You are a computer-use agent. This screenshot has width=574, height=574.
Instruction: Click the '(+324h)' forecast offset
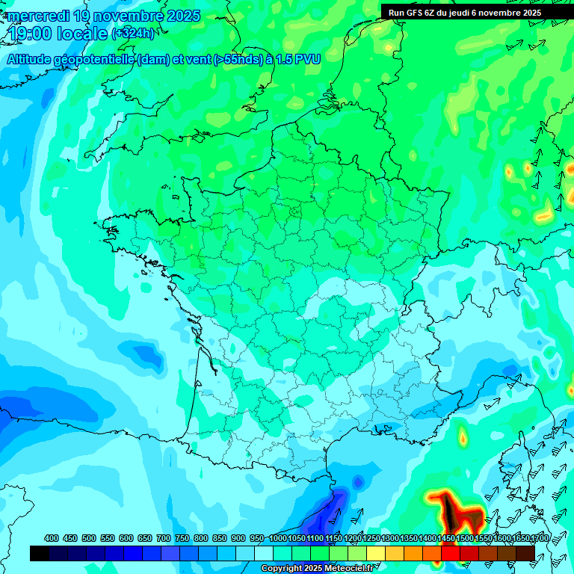click(x=132, y=34)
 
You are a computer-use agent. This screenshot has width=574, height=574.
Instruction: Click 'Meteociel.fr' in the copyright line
click(x=347, y=569)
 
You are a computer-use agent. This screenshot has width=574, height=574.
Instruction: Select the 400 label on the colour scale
click(x=51, y=539)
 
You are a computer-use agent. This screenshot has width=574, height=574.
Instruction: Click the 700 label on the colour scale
click(x=163, y=539)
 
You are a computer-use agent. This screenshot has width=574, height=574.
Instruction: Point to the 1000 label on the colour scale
click(x=277, y=539)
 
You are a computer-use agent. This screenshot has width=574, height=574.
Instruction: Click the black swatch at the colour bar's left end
click(x=40, y=553)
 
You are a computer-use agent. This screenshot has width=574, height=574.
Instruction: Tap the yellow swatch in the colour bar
click(x=376, y=553)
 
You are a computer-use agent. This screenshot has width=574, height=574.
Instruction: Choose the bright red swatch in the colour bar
click(x=451, y=553)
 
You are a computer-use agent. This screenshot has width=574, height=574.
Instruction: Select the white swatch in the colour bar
click(x=264, y=553)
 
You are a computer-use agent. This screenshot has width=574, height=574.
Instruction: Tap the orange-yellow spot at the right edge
click(x=544, y=217)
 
